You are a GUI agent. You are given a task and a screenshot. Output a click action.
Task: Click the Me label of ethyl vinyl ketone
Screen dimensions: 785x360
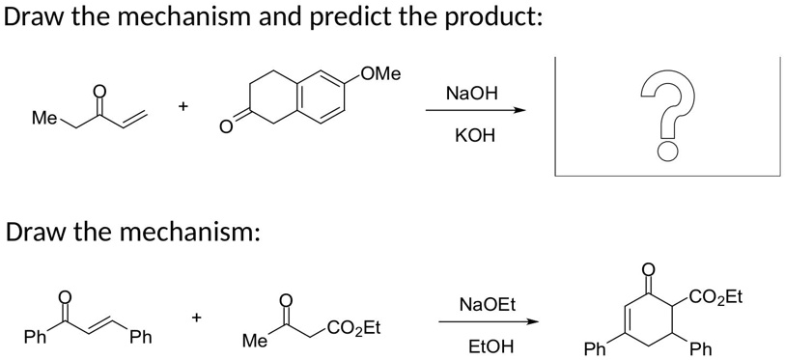tap(43, 119)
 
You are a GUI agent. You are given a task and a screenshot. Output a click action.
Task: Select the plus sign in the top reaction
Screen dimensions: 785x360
tap(182, 108)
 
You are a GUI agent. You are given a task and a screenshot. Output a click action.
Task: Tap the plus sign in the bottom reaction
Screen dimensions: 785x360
tap(197, 316)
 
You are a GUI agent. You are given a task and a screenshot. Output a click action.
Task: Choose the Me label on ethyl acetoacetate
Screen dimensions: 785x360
tap(255, 340)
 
